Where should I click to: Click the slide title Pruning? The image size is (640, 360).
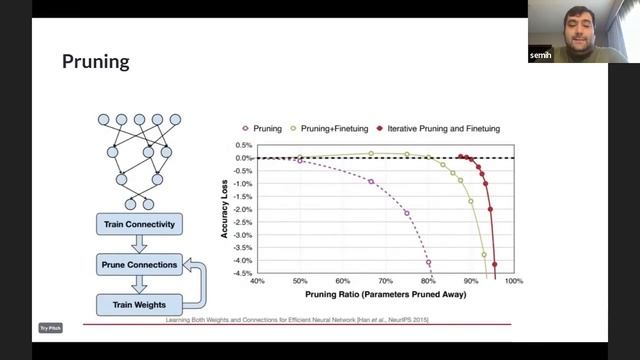(96, 62)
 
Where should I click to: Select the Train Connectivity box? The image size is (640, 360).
(138, 224)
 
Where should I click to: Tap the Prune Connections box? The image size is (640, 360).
(139, 265)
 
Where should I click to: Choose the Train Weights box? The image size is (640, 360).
(139, 304)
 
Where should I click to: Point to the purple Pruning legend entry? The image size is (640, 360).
(261, 129)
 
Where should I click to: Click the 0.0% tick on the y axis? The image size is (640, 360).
(242, 158)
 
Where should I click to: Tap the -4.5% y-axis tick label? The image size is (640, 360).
(241, 274)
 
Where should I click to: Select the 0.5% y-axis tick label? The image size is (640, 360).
(243, 145)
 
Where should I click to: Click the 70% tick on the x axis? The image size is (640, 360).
(386, 282)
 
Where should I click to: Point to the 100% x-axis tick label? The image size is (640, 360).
(514, 282)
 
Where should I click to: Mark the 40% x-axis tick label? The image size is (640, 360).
(257, 282)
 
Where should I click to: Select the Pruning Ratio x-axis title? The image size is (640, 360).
(386, 295)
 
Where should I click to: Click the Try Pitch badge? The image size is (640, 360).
(50, 327)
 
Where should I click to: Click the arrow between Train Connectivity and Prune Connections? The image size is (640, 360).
(139, 245)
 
